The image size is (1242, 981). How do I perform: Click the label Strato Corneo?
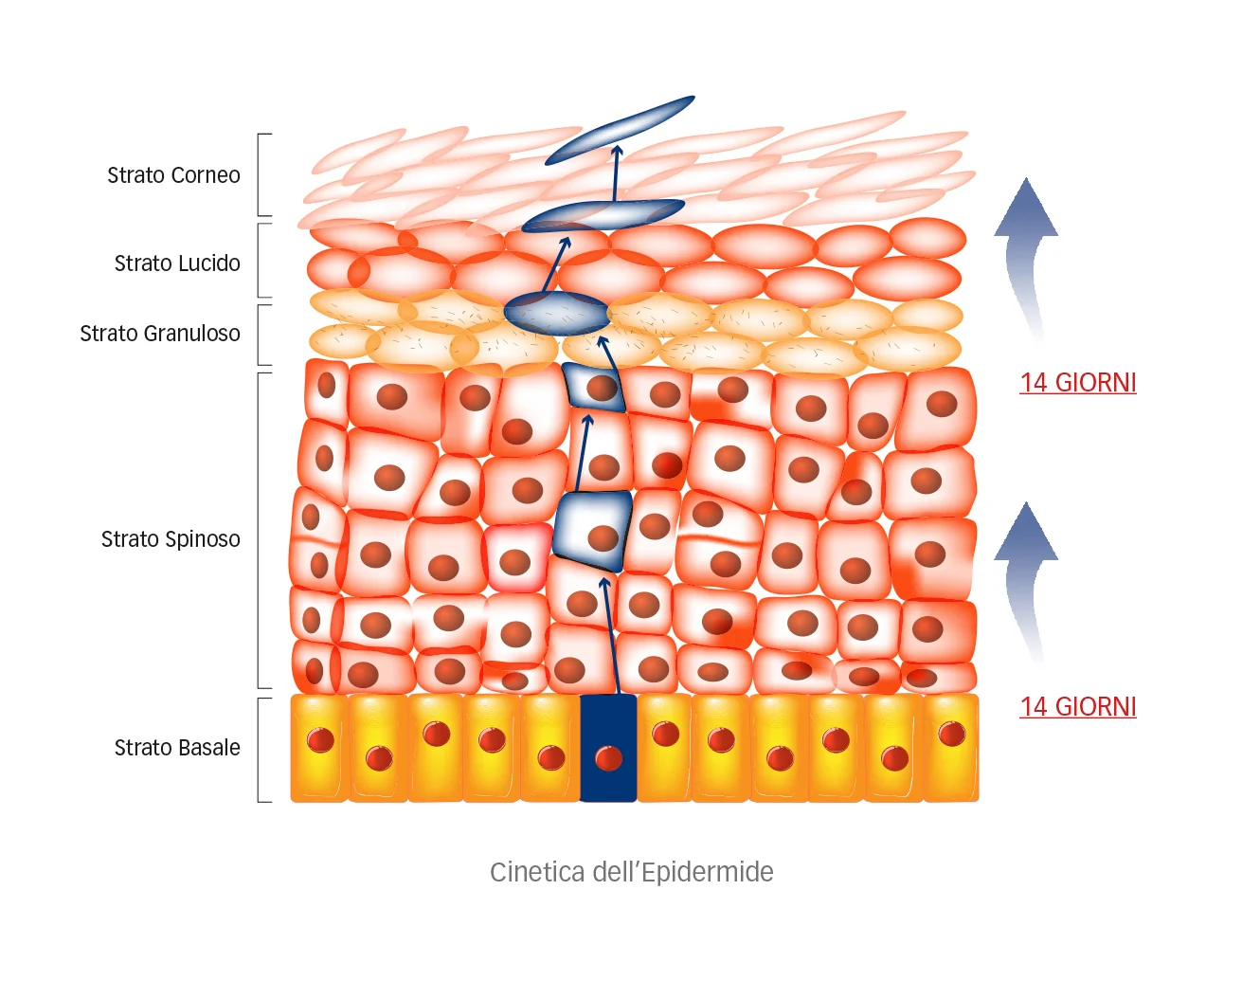(x=173, y=175)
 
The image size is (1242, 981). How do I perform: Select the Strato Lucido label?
(x=177, y=263)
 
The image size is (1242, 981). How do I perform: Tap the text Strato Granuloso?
(x=160, y=334)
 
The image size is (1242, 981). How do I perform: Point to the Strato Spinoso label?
(x=171, y=539)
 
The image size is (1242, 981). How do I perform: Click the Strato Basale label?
(x=177, y=748)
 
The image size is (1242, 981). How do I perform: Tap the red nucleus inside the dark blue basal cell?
(x=608, y=757)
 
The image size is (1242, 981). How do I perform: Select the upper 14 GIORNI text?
(x=1077, y=383)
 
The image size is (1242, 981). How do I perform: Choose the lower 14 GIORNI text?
(x=1077, y=707)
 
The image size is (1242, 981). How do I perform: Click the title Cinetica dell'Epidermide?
(x=631, y=872)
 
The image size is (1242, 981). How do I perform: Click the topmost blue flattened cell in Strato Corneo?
(x=621, y=130)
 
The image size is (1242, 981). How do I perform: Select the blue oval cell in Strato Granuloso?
(x=556, y=314)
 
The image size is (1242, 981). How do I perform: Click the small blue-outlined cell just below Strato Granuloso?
(x=594, y=386)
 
